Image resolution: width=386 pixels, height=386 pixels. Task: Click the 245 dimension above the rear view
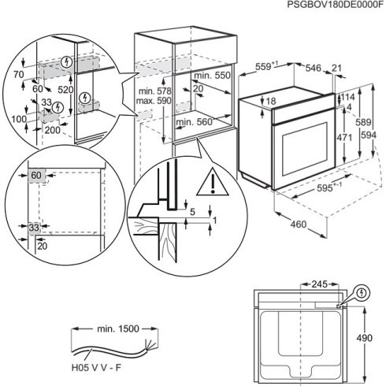tap(297, 283)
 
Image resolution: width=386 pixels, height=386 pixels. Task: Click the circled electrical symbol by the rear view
tap(362, 291)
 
